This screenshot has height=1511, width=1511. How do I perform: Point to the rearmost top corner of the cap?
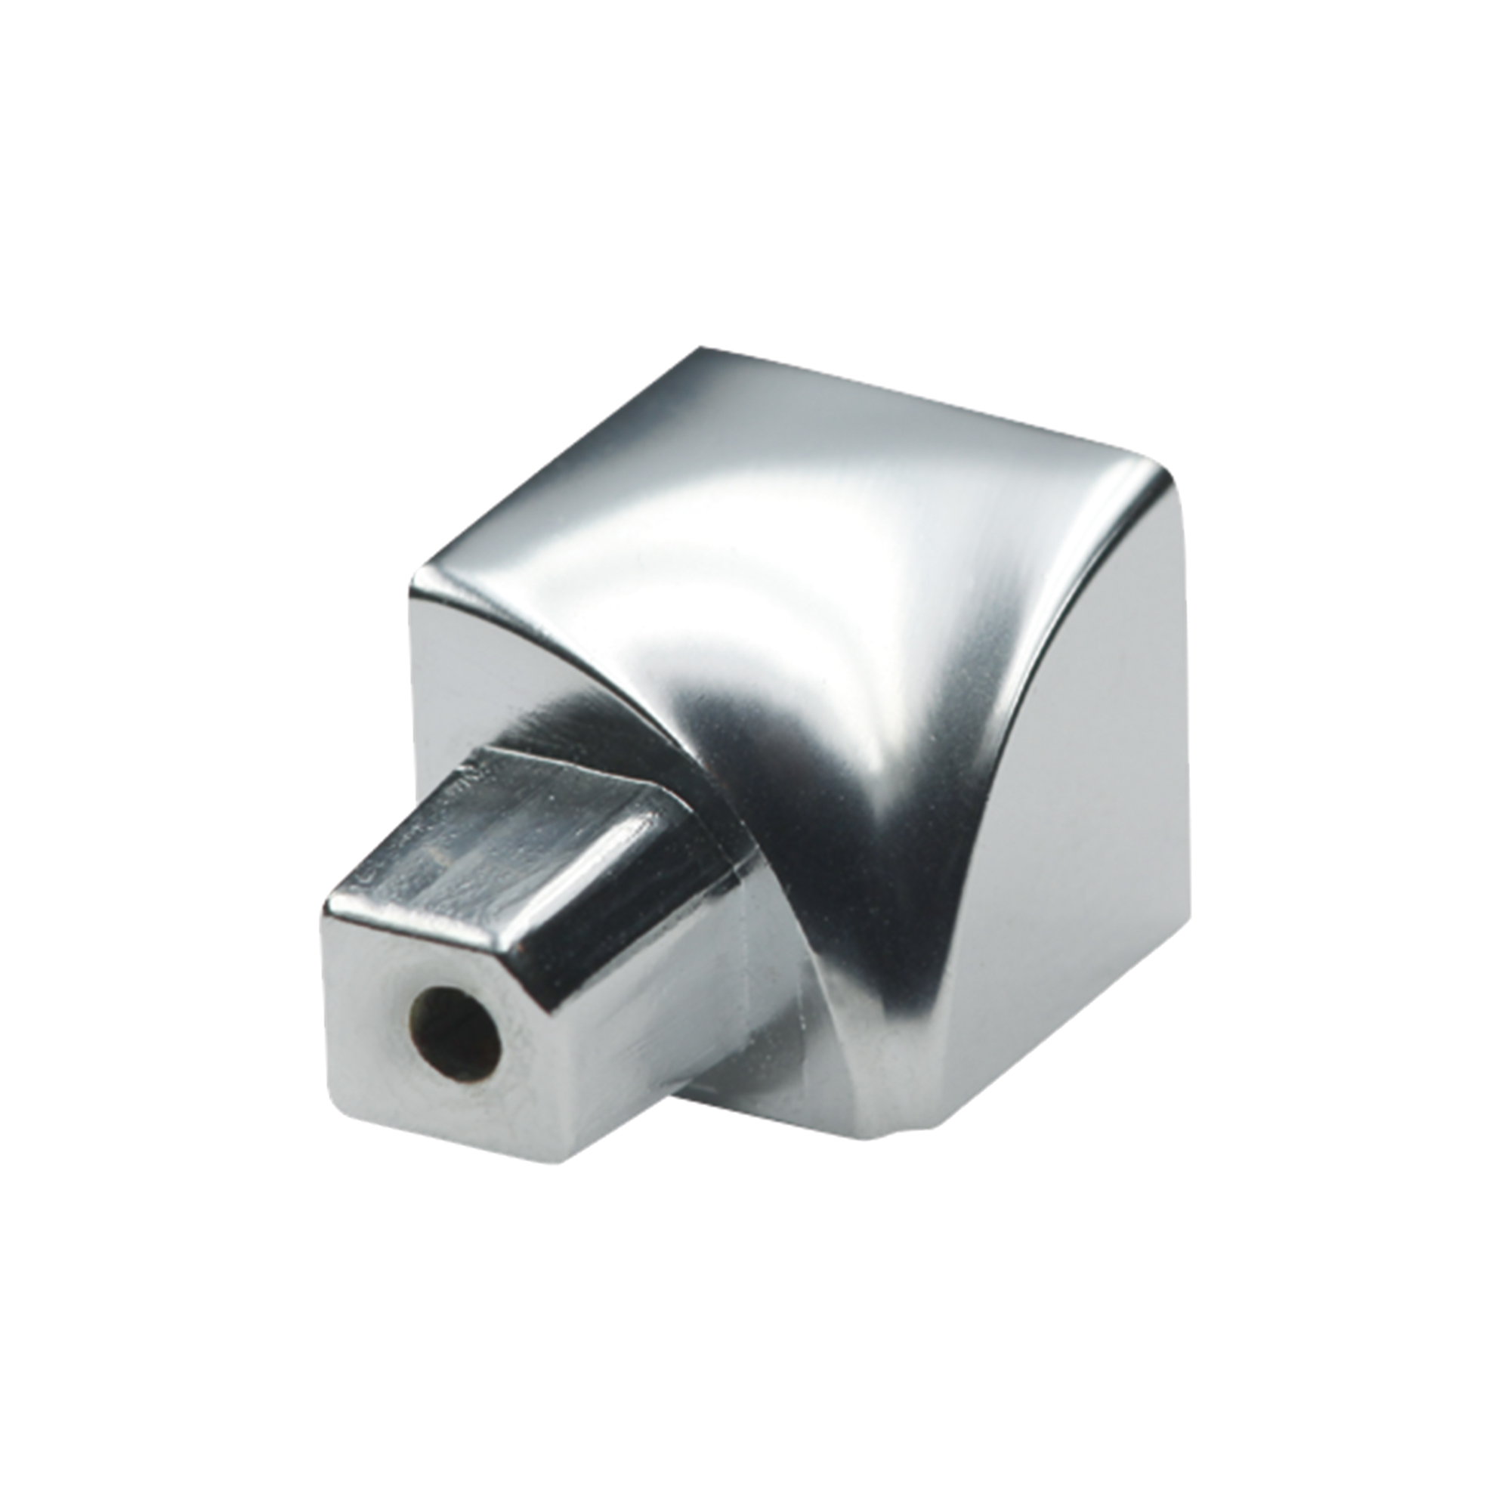point(703,350)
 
